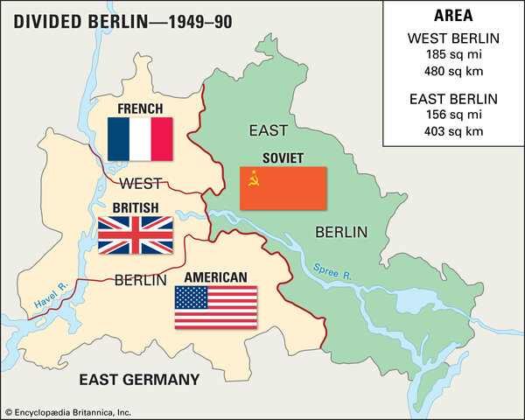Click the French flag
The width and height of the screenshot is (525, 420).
(x=140, y=138)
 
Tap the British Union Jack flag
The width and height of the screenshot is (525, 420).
(x=135, y=234)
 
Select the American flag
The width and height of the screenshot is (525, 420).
(x=215, y=307)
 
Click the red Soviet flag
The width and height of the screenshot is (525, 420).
(x=283, y=188)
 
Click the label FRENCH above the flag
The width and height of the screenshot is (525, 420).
(x=141, y=109)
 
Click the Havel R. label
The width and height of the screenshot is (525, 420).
(x=52, y=298)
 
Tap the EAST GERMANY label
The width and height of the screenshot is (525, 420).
(x=139, y=379)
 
